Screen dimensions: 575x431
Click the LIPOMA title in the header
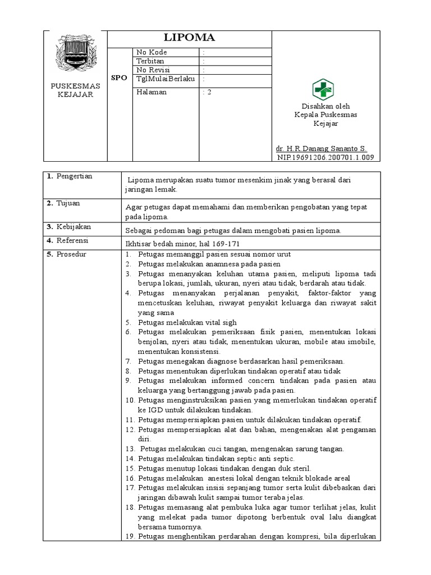(189, 38)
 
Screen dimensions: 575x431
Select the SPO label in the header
(119, 78)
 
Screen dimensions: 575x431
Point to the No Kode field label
(152, 52)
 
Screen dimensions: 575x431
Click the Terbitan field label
(149, 61)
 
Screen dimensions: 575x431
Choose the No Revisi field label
(153, 70)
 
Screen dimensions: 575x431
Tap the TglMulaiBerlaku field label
(166, 79)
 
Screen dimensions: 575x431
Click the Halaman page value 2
(208, 92)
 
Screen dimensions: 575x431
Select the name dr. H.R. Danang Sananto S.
(321, 149)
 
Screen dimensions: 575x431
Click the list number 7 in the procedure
(128, 361)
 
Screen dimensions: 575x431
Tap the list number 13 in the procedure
(130, 449)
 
